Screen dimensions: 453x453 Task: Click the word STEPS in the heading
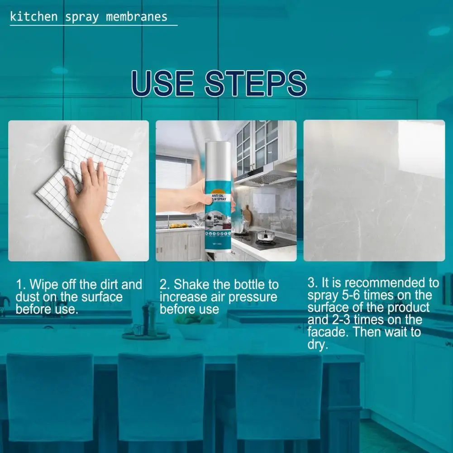point(255,84)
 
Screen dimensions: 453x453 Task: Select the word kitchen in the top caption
point(34,17)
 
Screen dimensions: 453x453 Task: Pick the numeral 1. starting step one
point(20,285)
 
